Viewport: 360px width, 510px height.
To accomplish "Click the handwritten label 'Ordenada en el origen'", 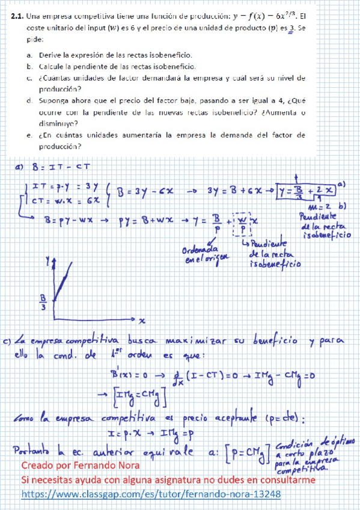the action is (x=200, y=252).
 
